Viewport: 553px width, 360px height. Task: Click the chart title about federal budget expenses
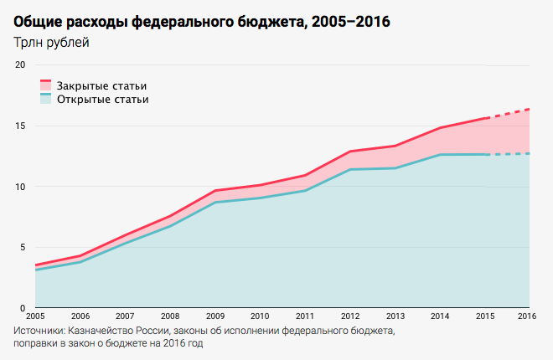click(x=202, y=21)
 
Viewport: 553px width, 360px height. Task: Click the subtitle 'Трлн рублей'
click(x=51, y=43)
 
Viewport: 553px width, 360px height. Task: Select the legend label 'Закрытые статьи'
click(x=101, y=85)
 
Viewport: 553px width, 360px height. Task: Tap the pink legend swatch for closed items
click(x=46, y=85)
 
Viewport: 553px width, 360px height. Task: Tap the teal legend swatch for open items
click(x=46, y=99)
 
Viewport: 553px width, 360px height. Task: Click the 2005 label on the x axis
click(x=35, y=316)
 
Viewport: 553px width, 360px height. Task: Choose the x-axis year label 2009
click(x=214, y=316)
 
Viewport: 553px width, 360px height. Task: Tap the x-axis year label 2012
click(x=349, y=316)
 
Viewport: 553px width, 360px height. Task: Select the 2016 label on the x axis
click(x=527, y=316)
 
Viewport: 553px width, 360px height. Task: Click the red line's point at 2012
click(x=349, y=152)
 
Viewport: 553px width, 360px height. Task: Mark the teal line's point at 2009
click(x=214, y=203)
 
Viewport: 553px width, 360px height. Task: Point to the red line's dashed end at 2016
click(x=529, y=109)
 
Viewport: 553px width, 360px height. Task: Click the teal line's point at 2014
click(x=439, y=155)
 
